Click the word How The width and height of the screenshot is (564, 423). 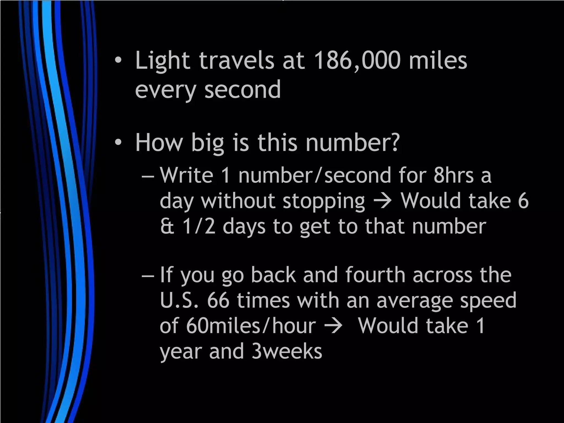tap(159, 142)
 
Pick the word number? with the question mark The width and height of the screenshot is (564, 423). tap(352, 142)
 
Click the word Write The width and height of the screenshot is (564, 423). tap(186, 175)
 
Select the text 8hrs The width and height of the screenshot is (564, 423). tap(453, 175)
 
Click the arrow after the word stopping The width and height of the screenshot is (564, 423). tap(383, 201)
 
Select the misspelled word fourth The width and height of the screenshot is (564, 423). tap(375, 275)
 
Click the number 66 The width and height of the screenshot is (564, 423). tap(218, 300)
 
